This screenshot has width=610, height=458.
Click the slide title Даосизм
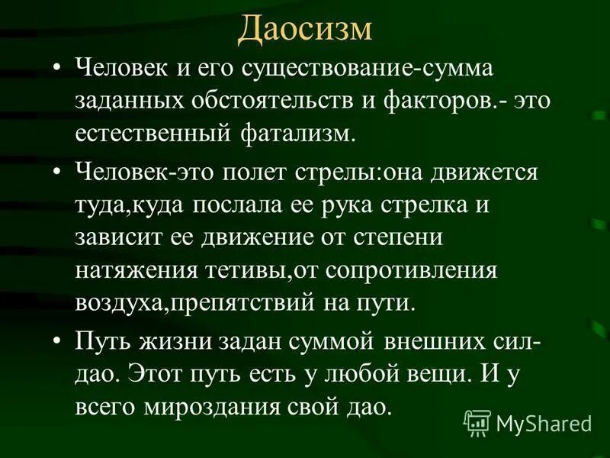pyautogui.click(x=304, y=29)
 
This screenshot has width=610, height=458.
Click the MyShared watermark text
pyautogui.click(x=544, y=422)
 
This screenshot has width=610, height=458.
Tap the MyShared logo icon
pyautogui.click(x=477, y=421)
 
